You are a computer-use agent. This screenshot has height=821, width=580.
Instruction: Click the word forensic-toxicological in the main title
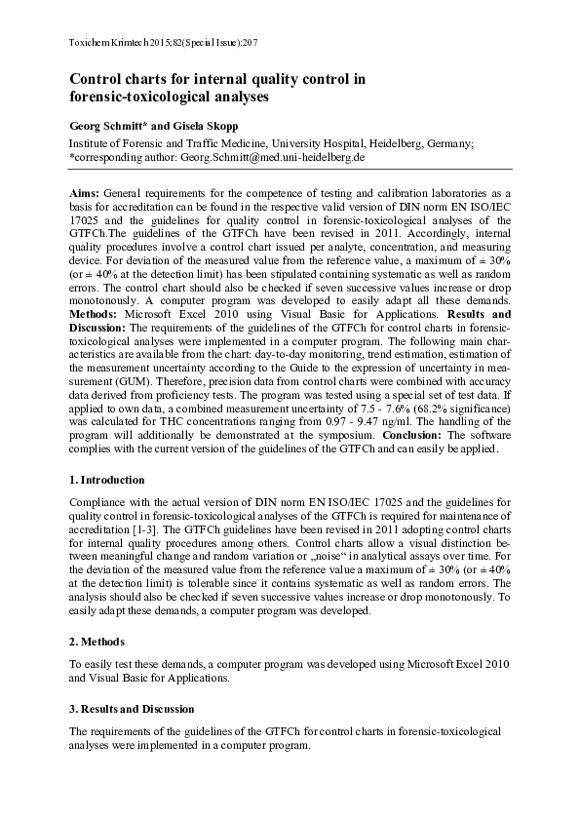pos(136,98)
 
